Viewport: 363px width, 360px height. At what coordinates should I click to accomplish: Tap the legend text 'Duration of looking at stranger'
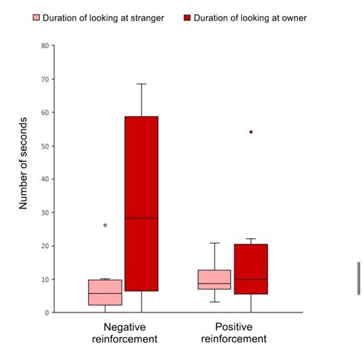point(103,18)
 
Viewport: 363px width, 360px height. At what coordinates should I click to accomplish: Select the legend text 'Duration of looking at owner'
point(251,18)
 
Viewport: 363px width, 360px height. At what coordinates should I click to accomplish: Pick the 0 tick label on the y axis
point(47,313)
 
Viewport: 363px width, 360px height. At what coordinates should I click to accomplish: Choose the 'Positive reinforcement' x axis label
point(234,332)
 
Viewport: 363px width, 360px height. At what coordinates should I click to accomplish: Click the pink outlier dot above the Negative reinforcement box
point(105,225)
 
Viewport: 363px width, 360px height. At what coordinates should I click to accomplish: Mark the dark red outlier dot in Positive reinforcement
point(250,132)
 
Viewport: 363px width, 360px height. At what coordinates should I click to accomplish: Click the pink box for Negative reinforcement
point(105,293)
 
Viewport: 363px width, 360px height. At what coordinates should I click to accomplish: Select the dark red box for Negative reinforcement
point(142,203)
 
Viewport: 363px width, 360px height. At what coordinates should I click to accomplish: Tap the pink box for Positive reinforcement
point(214,279)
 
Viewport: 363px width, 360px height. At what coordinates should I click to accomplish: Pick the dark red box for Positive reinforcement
point(250,269)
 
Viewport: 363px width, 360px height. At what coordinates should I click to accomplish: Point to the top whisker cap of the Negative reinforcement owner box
point(142,83)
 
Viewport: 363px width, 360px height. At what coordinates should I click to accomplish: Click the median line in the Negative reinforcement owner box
point(142,218)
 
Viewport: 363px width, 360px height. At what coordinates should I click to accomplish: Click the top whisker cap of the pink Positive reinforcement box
point(214,243)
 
